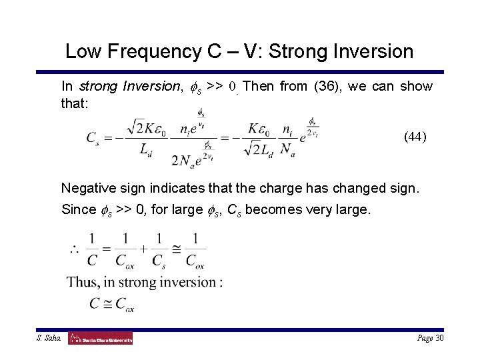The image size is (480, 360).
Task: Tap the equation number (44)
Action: [x=415, y=137]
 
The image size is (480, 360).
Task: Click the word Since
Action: [x=78, y=209]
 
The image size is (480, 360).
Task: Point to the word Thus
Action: [x=83, y=282]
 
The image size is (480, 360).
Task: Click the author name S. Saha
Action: [x=49, y=339]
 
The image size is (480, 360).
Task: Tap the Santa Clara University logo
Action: [x=101, y=339]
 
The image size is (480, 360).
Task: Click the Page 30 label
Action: [x=430, y=339]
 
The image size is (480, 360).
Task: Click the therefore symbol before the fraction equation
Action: [x=74, y=249]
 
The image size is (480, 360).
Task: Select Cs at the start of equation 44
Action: [x=93, y=138]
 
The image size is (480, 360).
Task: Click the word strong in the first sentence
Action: [x=96, y=87]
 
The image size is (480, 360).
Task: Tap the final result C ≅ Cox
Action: [x=112, y=305]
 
